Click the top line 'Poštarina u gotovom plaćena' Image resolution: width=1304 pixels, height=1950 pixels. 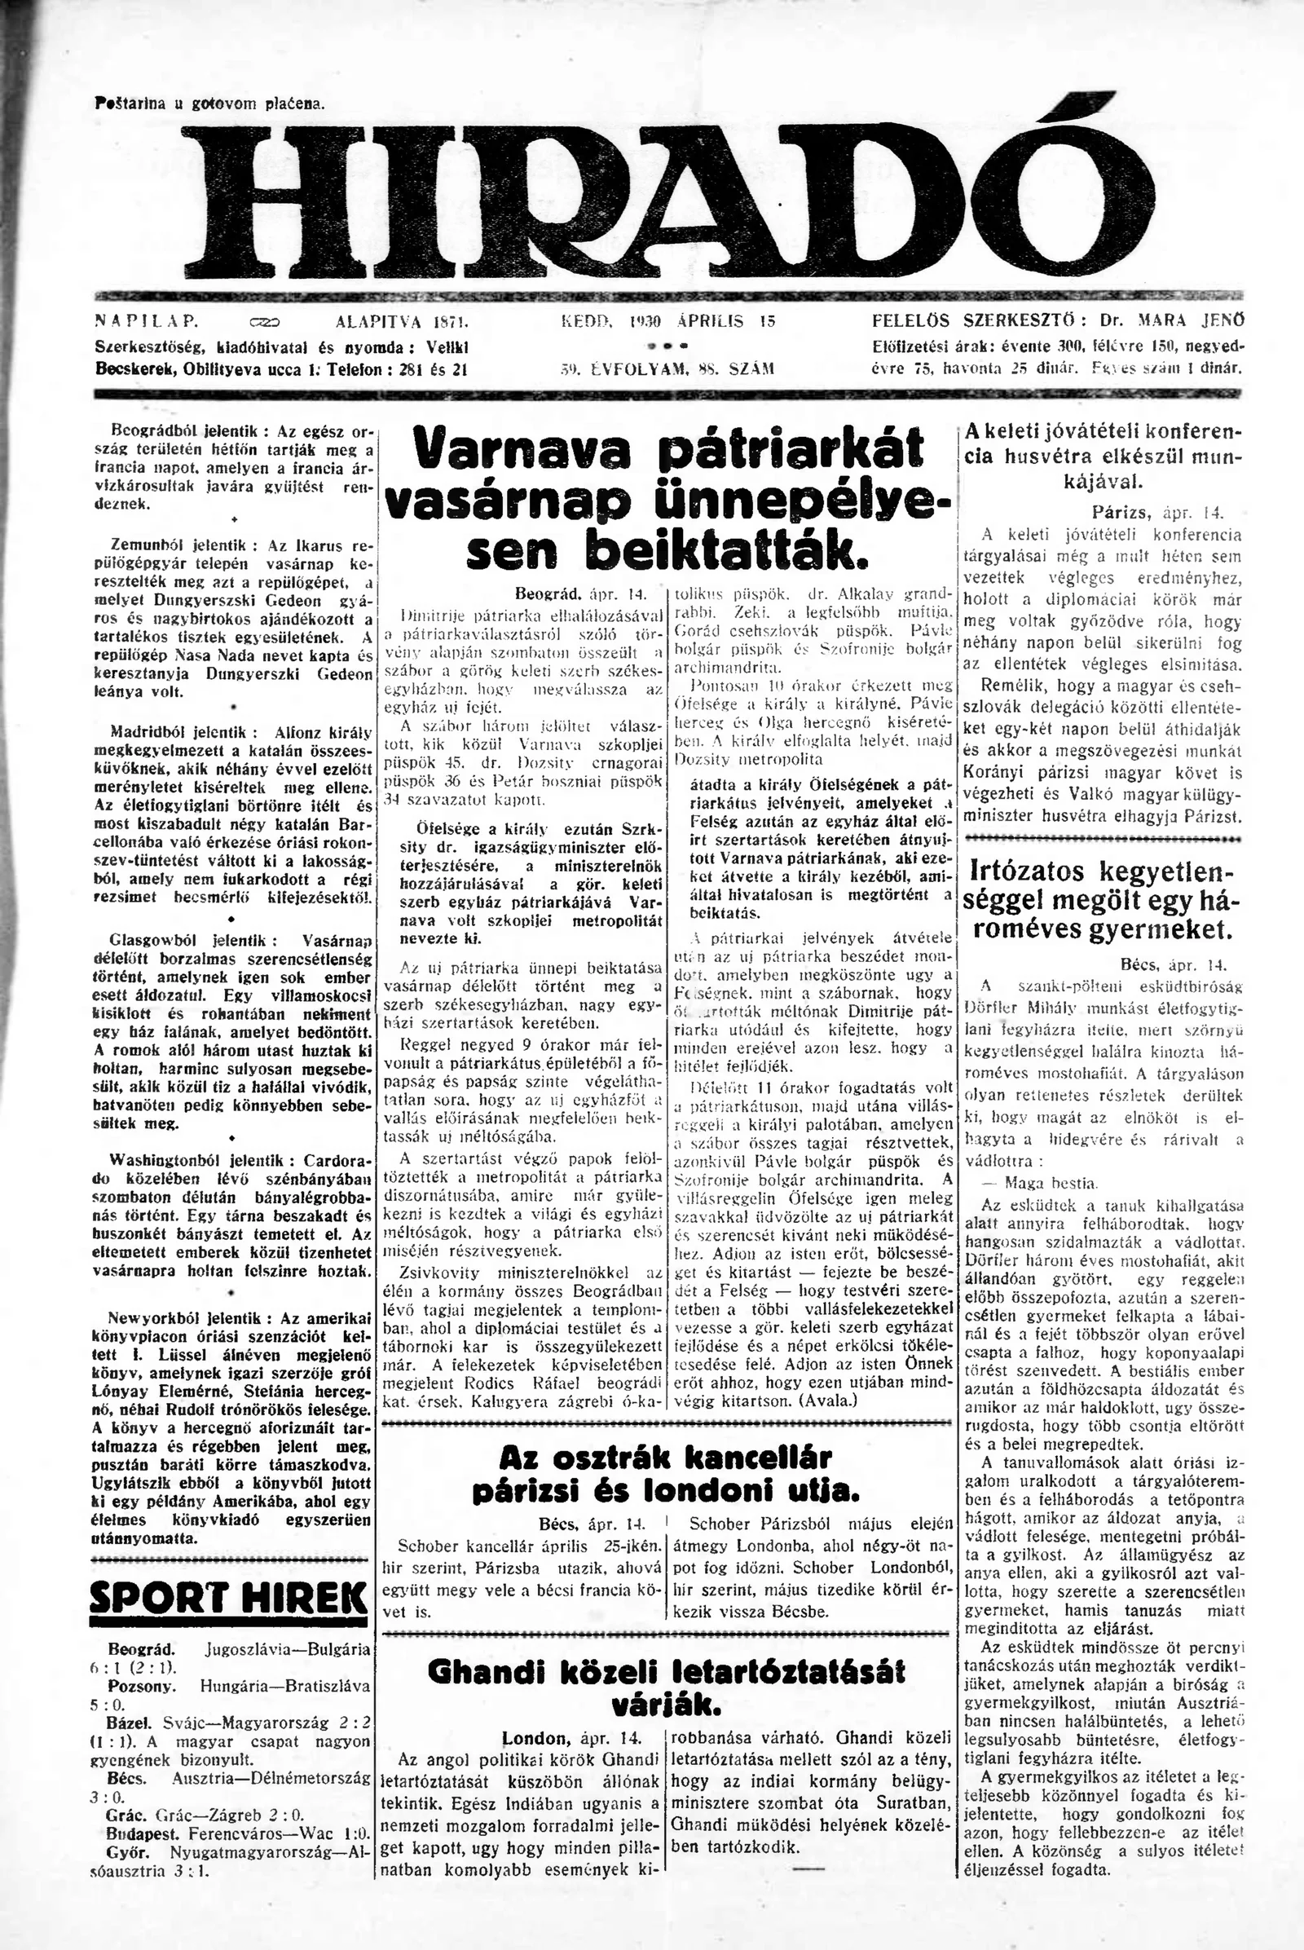(210, 105)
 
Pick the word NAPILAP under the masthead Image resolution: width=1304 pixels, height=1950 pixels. (140, 320)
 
